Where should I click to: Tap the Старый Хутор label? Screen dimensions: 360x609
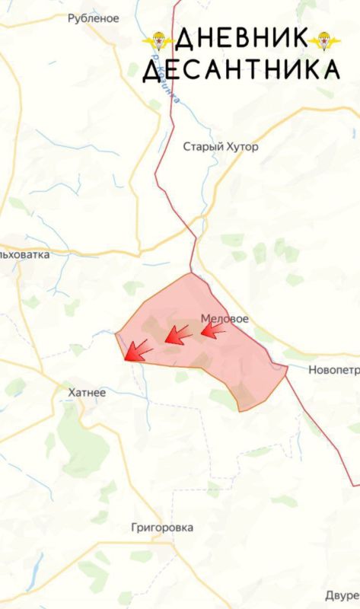click(221, 147)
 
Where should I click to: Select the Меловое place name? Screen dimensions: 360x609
click(225, 319)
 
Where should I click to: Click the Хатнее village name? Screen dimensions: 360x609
click(87, 392)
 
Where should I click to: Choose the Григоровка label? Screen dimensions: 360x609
click(161, 528)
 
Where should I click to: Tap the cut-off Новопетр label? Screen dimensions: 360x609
click(333, 371)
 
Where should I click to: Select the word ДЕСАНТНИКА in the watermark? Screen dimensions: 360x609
click(241, 70)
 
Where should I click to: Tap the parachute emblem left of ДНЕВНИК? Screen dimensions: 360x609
click(158, 41)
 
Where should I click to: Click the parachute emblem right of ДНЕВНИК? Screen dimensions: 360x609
click(325, 41)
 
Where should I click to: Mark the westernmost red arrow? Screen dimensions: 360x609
click(138, 350)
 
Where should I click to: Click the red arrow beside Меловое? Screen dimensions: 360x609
click(213, 330)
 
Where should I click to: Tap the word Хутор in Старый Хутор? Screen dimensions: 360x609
click(240, 147)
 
